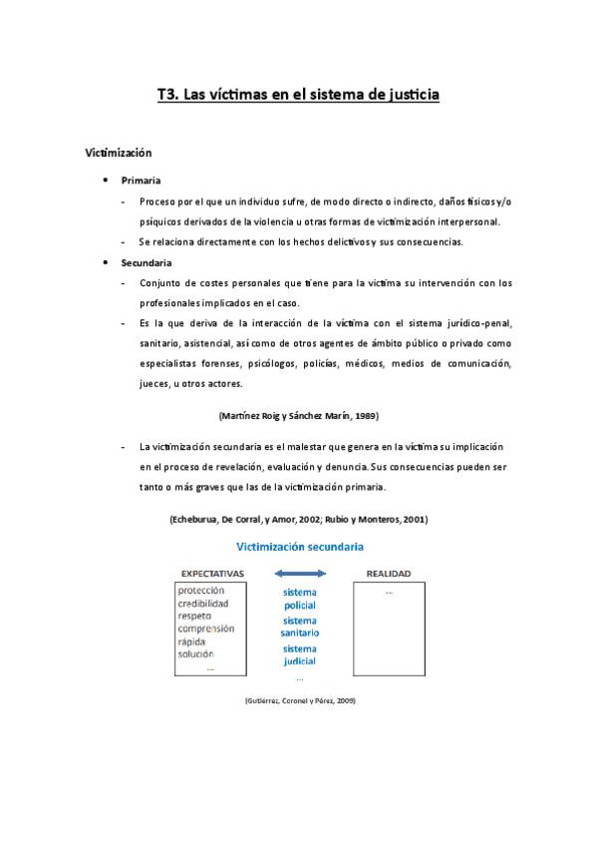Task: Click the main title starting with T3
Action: pos(298,96)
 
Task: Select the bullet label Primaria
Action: pos(141,181)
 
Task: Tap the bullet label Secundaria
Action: pos(147,262)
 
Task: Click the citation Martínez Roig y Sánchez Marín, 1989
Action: pos(297,414)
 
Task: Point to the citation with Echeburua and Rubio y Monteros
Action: pos(299,520)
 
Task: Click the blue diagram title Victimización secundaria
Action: pos(299,547)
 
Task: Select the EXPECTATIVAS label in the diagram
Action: pos(212,574)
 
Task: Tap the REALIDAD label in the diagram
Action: pos(389,574)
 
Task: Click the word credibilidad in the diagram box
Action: pos(203,604)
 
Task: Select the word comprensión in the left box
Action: pos(206,630)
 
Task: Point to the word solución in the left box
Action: pos(195,654)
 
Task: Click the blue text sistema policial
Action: pos(299,599)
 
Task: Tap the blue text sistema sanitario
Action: pos(299,627)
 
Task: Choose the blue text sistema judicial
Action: pos(299,654)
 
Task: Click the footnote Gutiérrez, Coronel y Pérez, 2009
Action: pos(299,701)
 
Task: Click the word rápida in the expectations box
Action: pos(192,641)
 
